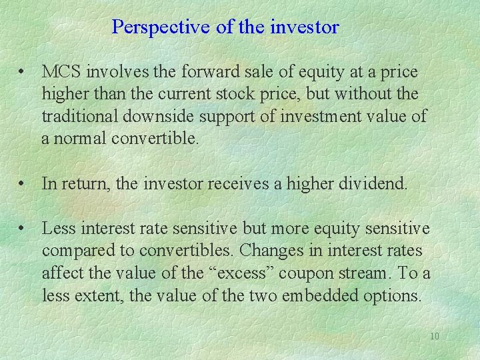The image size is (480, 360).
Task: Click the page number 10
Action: coord(434,337)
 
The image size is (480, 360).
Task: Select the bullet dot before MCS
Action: coord(23,71)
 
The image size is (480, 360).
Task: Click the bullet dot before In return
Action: coord(23,183)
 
